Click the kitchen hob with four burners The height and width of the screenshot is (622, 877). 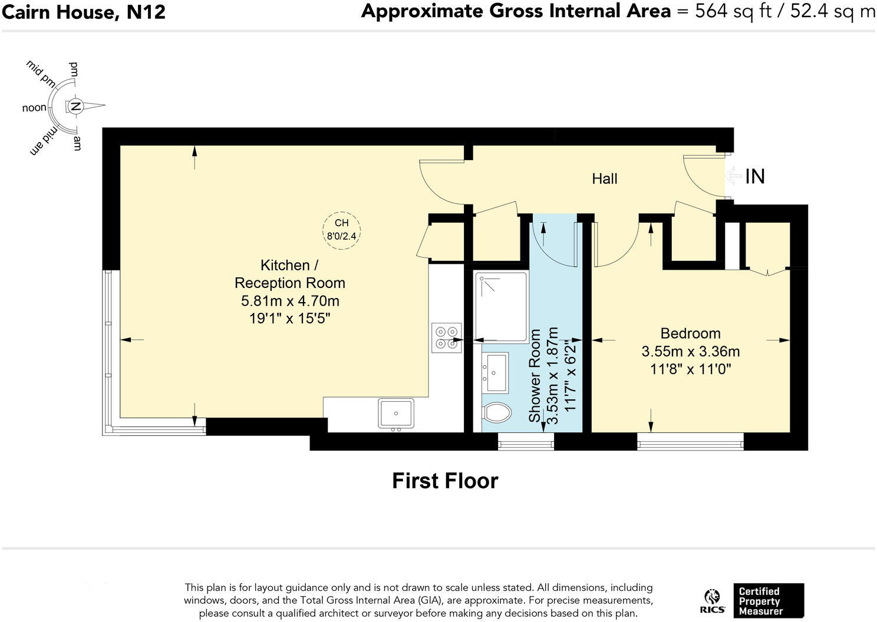tap(446, 338)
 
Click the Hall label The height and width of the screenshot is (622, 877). tap(604, 178)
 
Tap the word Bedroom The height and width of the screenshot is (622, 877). tap(690, 333)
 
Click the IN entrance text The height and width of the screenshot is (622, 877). tap(755, 176)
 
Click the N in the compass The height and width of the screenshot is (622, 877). tap(75, 107)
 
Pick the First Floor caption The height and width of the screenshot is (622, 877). tap(445, 481)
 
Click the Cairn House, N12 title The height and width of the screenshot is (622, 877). tap(84, 12)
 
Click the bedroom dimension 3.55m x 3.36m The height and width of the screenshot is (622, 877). tap(690, 352)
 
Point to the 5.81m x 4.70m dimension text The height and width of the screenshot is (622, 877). tap(290, 301)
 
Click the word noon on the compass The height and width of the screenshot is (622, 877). tap(34, 108)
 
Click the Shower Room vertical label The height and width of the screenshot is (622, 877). tap(535, 375)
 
